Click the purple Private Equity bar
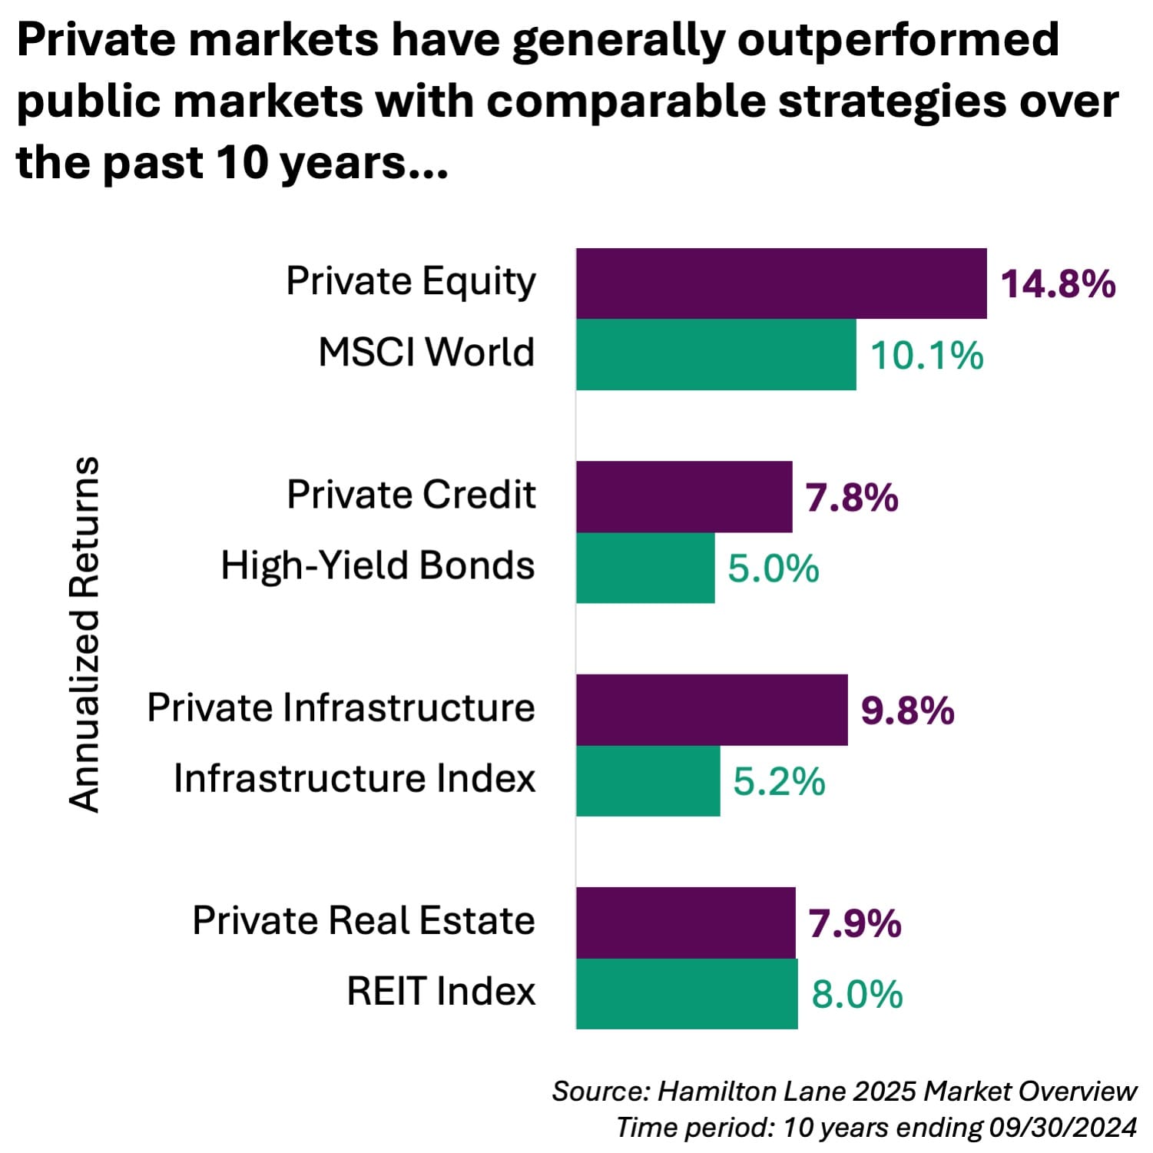click(x=781, y=283)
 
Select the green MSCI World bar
click(x=716, y=354)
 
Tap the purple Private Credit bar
click(x=684, y=497)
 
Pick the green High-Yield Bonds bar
click(x=645, y=568)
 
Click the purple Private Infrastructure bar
click(x=712, y=710)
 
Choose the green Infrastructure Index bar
click(x=648, y=780)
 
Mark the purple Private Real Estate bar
click(x=686, y=923)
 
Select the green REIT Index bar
click(x=687, y=993)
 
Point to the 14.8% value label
click(x=1058, y=283)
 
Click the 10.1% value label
click(x=926, y=356)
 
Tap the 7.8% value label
click(x=852, y=498)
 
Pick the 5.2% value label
click(x=779, y=781)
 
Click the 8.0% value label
click(x=857, y=994)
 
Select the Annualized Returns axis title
click(x=84, y=634)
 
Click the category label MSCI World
click(x=426, y=353)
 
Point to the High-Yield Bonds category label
click(x=377, y=566)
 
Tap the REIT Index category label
click(x=441, y=991)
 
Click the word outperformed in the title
click(x=898, y=40)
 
